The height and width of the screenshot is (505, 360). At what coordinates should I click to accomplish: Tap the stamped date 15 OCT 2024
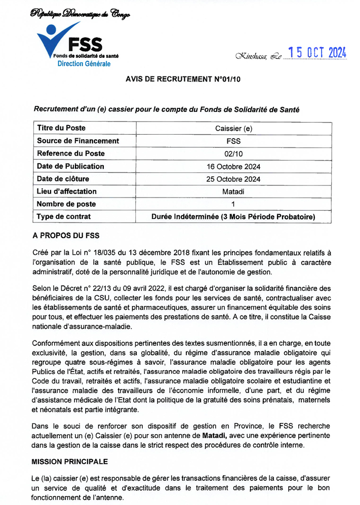pos(317,53)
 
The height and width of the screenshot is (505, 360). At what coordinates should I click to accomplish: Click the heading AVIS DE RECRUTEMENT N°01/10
pos(183,79)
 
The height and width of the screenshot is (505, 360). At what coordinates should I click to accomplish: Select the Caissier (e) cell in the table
pos(233,128)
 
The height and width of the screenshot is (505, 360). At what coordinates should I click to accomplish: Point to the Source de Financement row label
pos(78,141)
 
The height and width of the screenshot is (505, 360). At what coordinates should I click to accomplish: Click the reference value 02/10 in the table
pos(233,153)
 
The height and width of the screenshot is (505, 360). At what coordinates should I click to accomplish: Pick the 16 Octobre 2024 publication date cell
pos(233,166)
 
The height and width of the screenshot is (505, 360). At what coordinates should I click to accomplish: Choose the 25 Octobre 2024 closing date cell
pos(233,179)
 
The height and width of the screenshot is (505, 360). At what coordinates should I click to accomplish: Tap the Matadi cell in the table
pos(233,191)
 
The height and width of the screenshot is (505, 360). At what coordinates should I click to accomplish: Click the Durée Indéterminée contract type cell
pos(233,217)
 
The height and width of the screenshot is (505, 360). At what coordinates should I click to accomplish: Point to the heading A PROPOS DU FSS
pos(66,236)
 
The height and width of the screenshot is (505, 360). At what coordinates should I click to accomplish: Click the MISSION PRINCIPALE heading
pos(69,462)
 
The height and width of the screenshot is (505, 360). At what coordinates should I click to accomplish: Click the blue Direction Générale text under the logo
pos(84,64)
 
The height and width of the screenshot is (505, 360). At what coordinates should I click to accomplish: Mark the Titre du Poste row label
pos(61,128)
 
